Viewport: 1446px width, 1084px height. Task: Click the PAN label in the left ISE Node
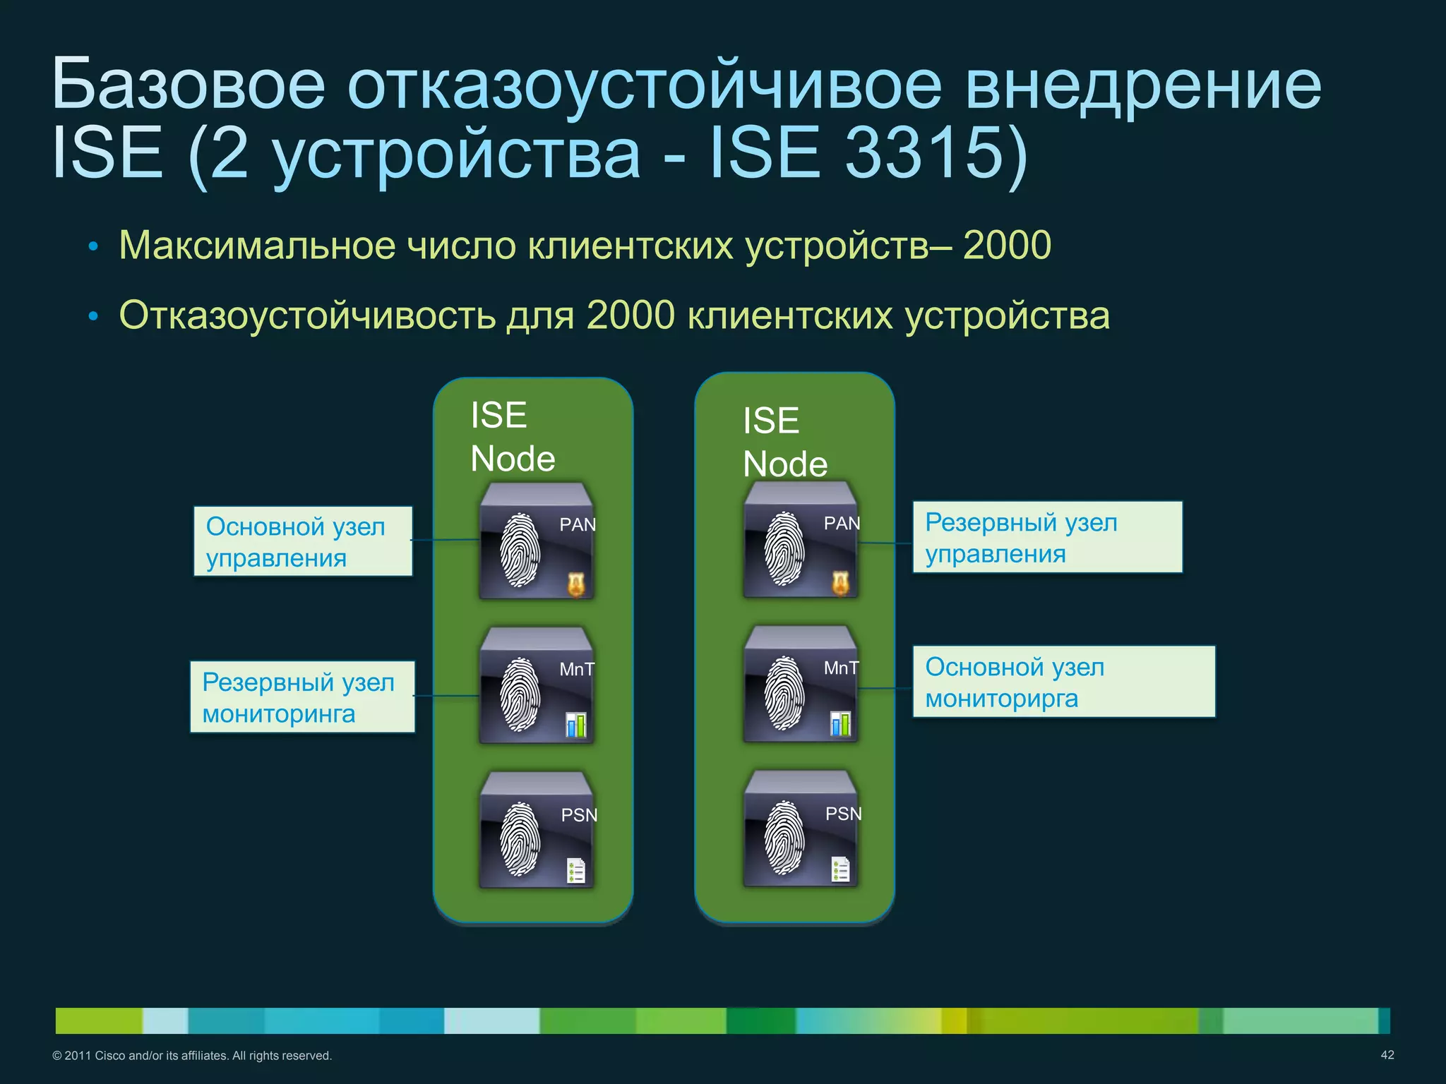point(577,525)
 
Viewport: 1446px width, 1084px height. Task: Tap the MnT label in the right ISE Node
point(841,668)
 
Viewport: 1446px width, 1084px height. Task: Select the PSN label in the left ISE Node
point(578,815)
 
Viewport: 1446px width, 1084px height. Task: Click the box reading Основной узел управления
point(303,542)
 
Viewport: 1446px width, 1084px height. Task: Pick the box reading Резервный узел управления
point(1047,538)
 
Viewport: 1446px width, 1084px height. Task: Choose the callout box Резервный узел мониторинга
point(302,697)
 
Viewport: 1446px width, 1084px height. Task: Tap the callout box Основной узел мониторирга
point(1063,682)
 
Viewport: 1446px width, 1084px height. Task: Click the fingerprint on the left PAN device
point(520,550)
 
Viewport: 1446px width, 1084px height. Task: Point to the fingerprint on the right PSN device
point(784,838)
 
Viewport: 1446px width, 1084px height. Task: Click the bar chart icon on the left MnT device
point(576,725)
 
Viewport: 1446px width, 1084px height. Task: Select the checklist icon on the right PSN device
point(840,869)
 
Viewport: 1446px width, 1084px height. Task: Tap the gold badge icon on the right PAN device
point(839,582)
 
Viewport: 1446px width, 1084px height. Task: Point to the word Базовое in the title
point(188,85)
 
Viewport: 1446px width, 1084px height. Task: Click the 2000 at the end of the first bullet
point(1007,246)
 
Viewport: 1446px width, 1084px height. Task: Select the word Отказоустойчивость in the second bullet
point(307,315)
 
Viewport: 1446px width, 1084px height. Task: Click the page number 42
point(1387,1054)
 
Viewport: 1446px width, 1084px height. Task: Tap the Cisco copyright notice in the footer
point(192,1056)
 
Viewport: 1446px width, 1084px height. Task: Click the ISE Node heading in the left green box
point(513,436)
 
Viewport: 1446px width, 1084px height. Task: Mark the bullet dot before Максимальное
point(92,248)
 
